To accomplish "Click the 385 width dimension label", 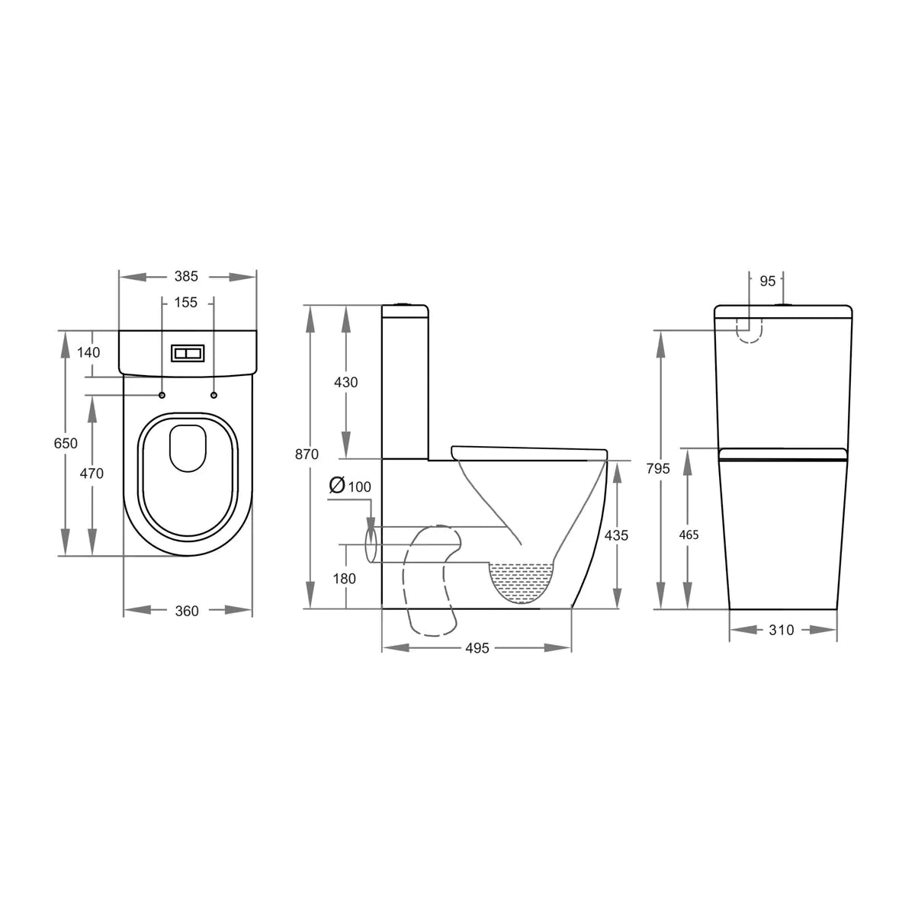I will click(186, 277).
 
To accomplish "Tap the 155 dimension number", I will click(185, 303).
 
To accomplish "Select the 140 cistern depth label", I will click(89, 352).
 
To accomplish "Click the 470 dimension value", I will click(91, 474).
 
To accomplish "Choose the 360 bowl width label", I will click(187, 611).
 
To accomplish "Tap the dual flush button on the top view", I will click(187, 353).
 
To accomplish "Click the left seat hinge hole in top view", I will click(162, 395).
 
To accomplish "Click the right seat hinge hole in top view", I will click(213, 395).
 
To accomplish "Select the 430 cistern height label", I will click(345, 383).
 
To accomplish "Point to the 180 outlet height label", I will click(345, 579).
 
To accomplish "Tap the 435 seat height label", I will click(616, 535).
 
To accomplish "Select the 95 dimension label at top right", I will click(767, 281).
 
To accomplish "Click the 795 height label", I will click(657, 469).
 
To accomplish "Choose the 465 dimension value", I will click(689, 535).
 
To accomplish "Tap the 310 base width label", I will click(782, 630).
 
